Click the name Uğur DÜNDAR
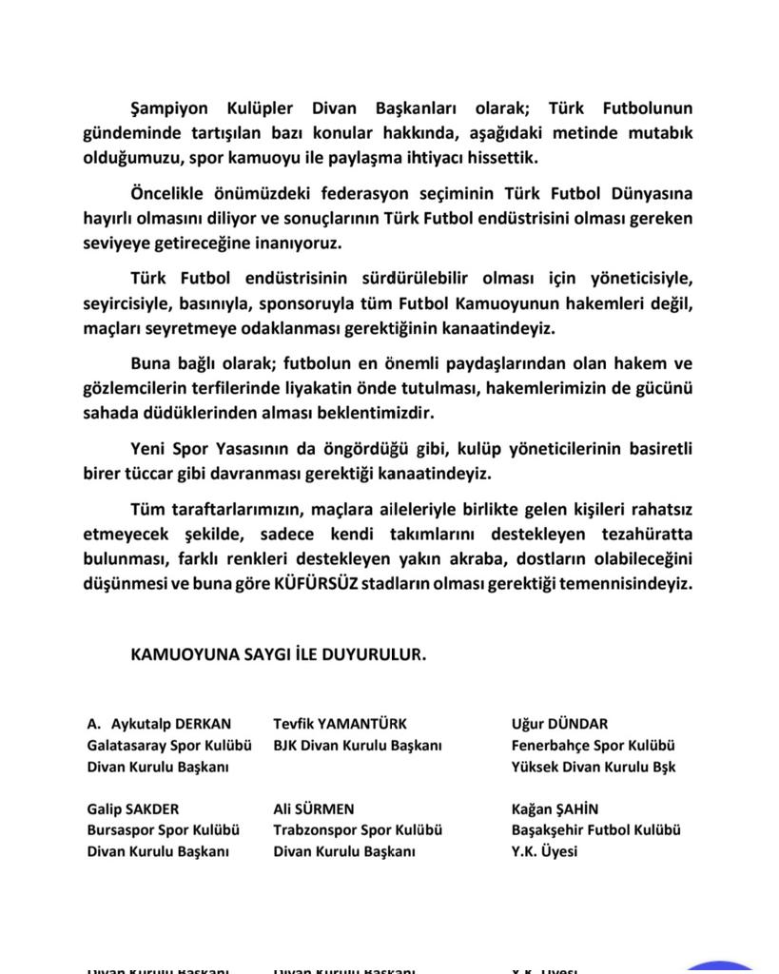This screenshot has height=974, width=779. pyautogui.click(x=559, y=724)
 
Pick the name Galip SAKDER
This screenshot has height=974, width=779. pyautogui.click(x=132, y=808)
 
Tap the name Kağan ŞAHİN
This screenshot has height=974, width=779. pyautogui.click(x=555, y=808)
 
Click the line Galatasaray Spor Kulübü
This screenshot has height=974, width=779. pyautogui.click(x=168, y=746)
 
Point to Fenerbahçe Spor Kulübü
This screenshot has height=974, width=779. pyautogui.click(x=594, y=746)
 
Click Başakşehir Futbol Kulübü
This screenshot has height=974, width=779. pyautogui.click(x=595, y=829)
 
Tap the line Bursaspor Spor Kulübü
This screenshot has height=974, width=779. pyautogui.click(x=163, y=829)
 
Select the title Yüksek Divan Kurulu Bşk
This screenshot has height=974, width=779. pyautogui.click(x=594, y=767)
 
